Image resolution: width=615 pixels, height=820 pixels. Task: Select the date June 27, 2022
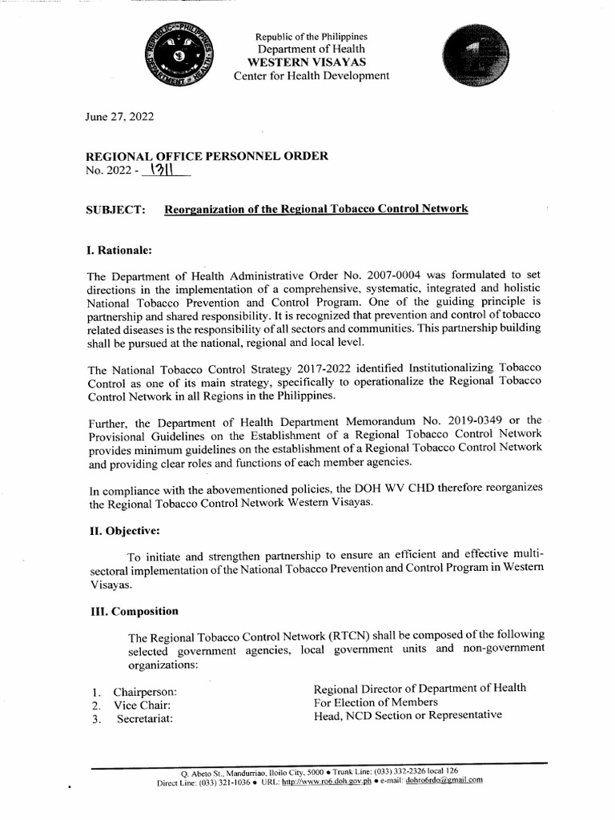[x=119, y=117]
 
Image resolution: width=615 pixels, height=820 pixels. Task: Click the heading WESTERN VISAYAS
[x=311, y=62]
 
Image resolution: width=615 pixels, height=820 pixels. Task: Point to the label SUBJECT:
[x=115, y=210]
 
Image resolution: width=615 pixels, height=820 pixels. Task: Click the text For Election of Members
[x=376, y=702]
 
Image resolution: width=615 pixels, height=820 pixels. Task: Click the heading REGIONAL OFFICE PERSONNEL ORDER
[x=207, y=156]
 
